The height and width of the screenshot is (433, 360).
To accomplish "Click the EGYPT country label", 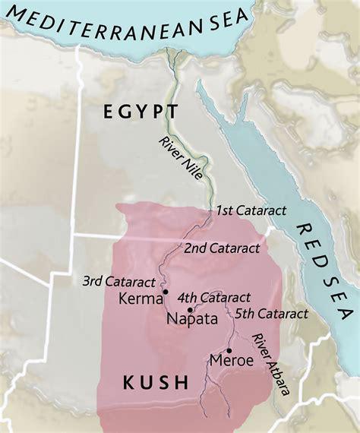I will [141, 112].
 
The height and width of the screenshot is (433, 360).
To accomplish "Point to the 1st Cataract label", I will [251, 210].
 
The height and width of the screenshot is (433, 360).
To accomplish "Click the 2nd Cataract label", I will [222, 248].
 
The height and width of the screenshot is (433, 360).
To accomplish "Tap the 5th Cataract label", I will [271, 313].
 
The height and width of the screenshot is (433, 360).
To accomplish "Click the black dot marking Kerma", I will [166, 291].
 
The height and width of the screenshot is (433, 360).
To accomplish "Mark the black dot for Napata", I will [191, 310].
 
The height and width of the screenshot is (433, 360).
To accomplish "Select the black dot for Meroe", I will [229, 350].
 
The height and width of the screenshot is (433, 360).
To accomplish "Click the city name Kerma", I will [141, 299].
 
